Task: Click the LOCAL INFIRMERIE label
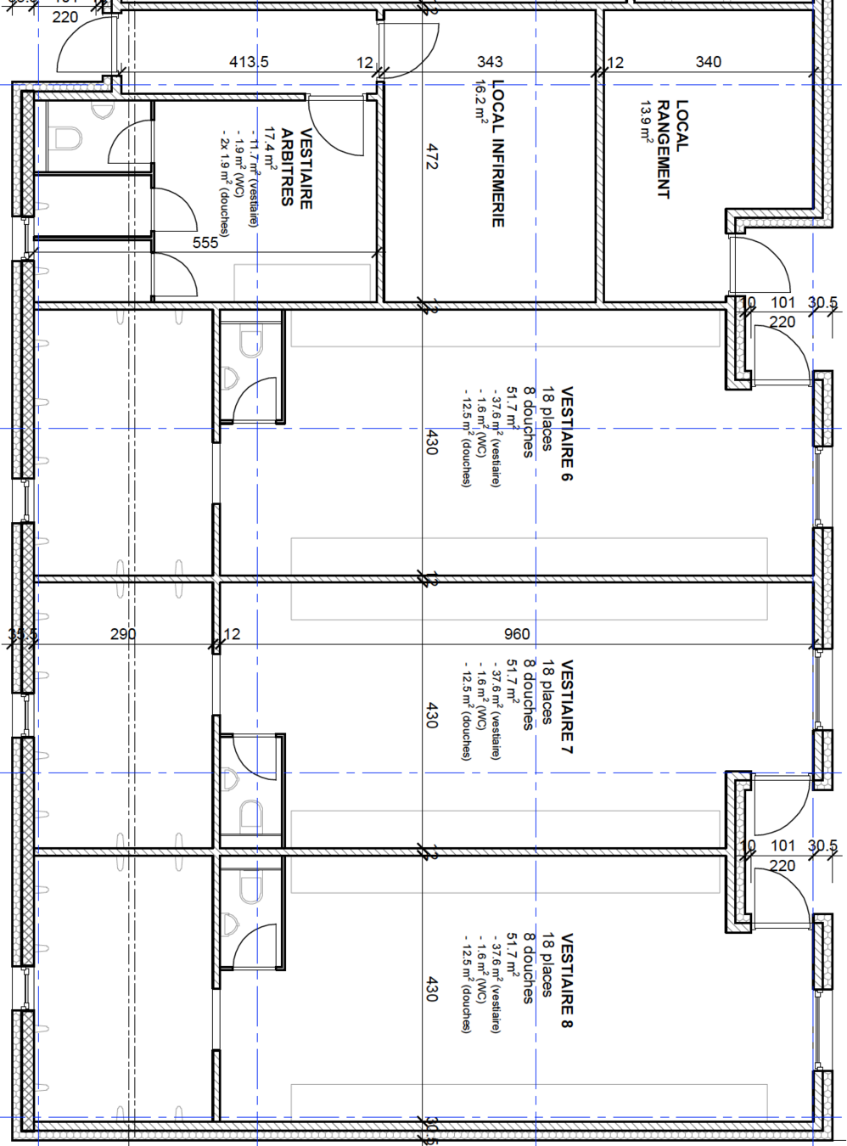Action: click(x=498, y=154)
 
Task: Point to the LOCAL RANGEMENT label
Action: click(x=673, y=149)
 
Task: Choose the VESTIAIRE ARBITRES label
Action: click(x=297, y=168)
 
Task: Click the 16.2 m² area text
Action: click(x=480, y=102)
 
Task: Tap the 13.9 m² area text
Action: click(x=647, y=121)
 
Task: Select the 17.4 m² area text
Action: click(x=271, y=149)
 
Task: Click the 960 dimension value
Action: click(x=517, y=634)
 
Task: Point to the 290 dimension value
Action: click(x=123, y=634)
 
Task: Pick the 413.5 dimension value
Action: click(x=249, y=62)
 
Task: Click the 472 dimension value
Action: click(x=432, y=156)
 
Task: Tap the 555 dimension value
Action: click(x=205, y=243)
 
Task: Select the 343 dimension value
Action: click(x=490, y=62)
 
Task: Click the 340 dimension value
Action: click(x=709, y=62)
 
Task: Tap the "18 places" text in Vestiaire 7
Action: click(x=547, y=692)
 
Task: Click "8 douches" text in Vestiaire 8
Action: click(x=529, y=969)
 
